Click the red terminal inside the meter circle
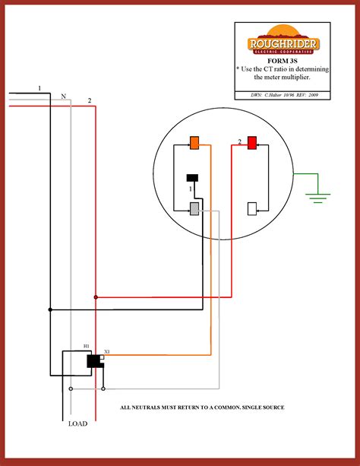point(252,142)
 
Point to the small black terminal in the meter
point(193,178)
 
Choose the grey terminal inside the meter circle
point(194,208)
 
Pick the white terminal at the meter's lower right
point(252,208)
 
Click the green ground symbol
point(317,197)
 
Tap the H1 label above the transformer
point(87,347)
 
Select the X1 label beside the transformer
point(107,351)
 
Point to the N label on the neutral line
point(63,97)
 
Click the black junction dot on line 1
point(50,309)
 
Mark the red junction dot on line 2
point(96,297)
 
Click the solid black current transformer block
point(94,361)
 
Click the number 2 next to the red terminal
point(239,142)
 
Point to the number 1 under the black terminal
point(191,187)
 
